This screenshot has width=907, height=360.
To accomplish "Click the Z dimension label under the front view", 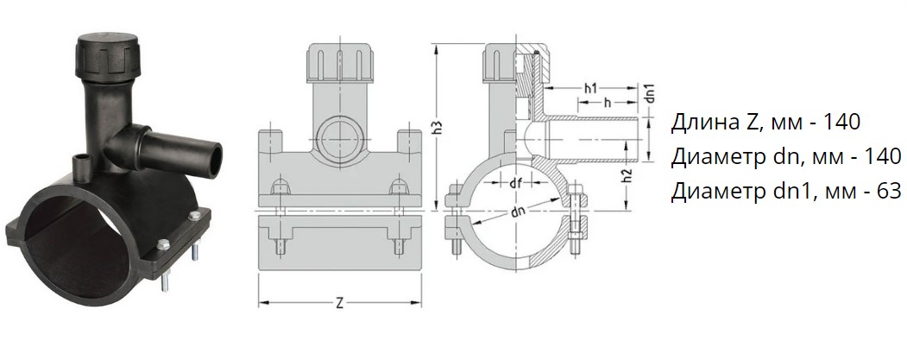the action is point(339,303).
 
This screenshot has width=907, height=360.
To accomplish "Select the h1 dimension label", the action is point(590,89).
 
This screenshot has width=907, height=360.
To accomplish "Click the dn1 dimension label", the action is point(650,94).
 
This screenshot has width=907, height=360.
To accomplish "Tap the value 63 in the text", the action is point(890,191).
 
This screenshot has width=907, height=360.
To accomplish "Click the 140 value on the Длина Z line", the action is point(843,122).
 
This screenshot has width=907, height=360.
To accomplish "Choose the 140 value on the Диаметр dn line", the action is point(884,156).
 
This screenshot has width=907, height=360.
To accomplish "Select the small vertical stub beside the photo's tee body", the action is point(80,166).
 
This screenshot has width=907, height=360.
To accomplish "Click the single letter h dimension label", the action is point(607,102).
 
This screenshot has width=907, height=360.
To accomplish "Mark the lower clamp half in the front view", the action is point(339,243).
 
